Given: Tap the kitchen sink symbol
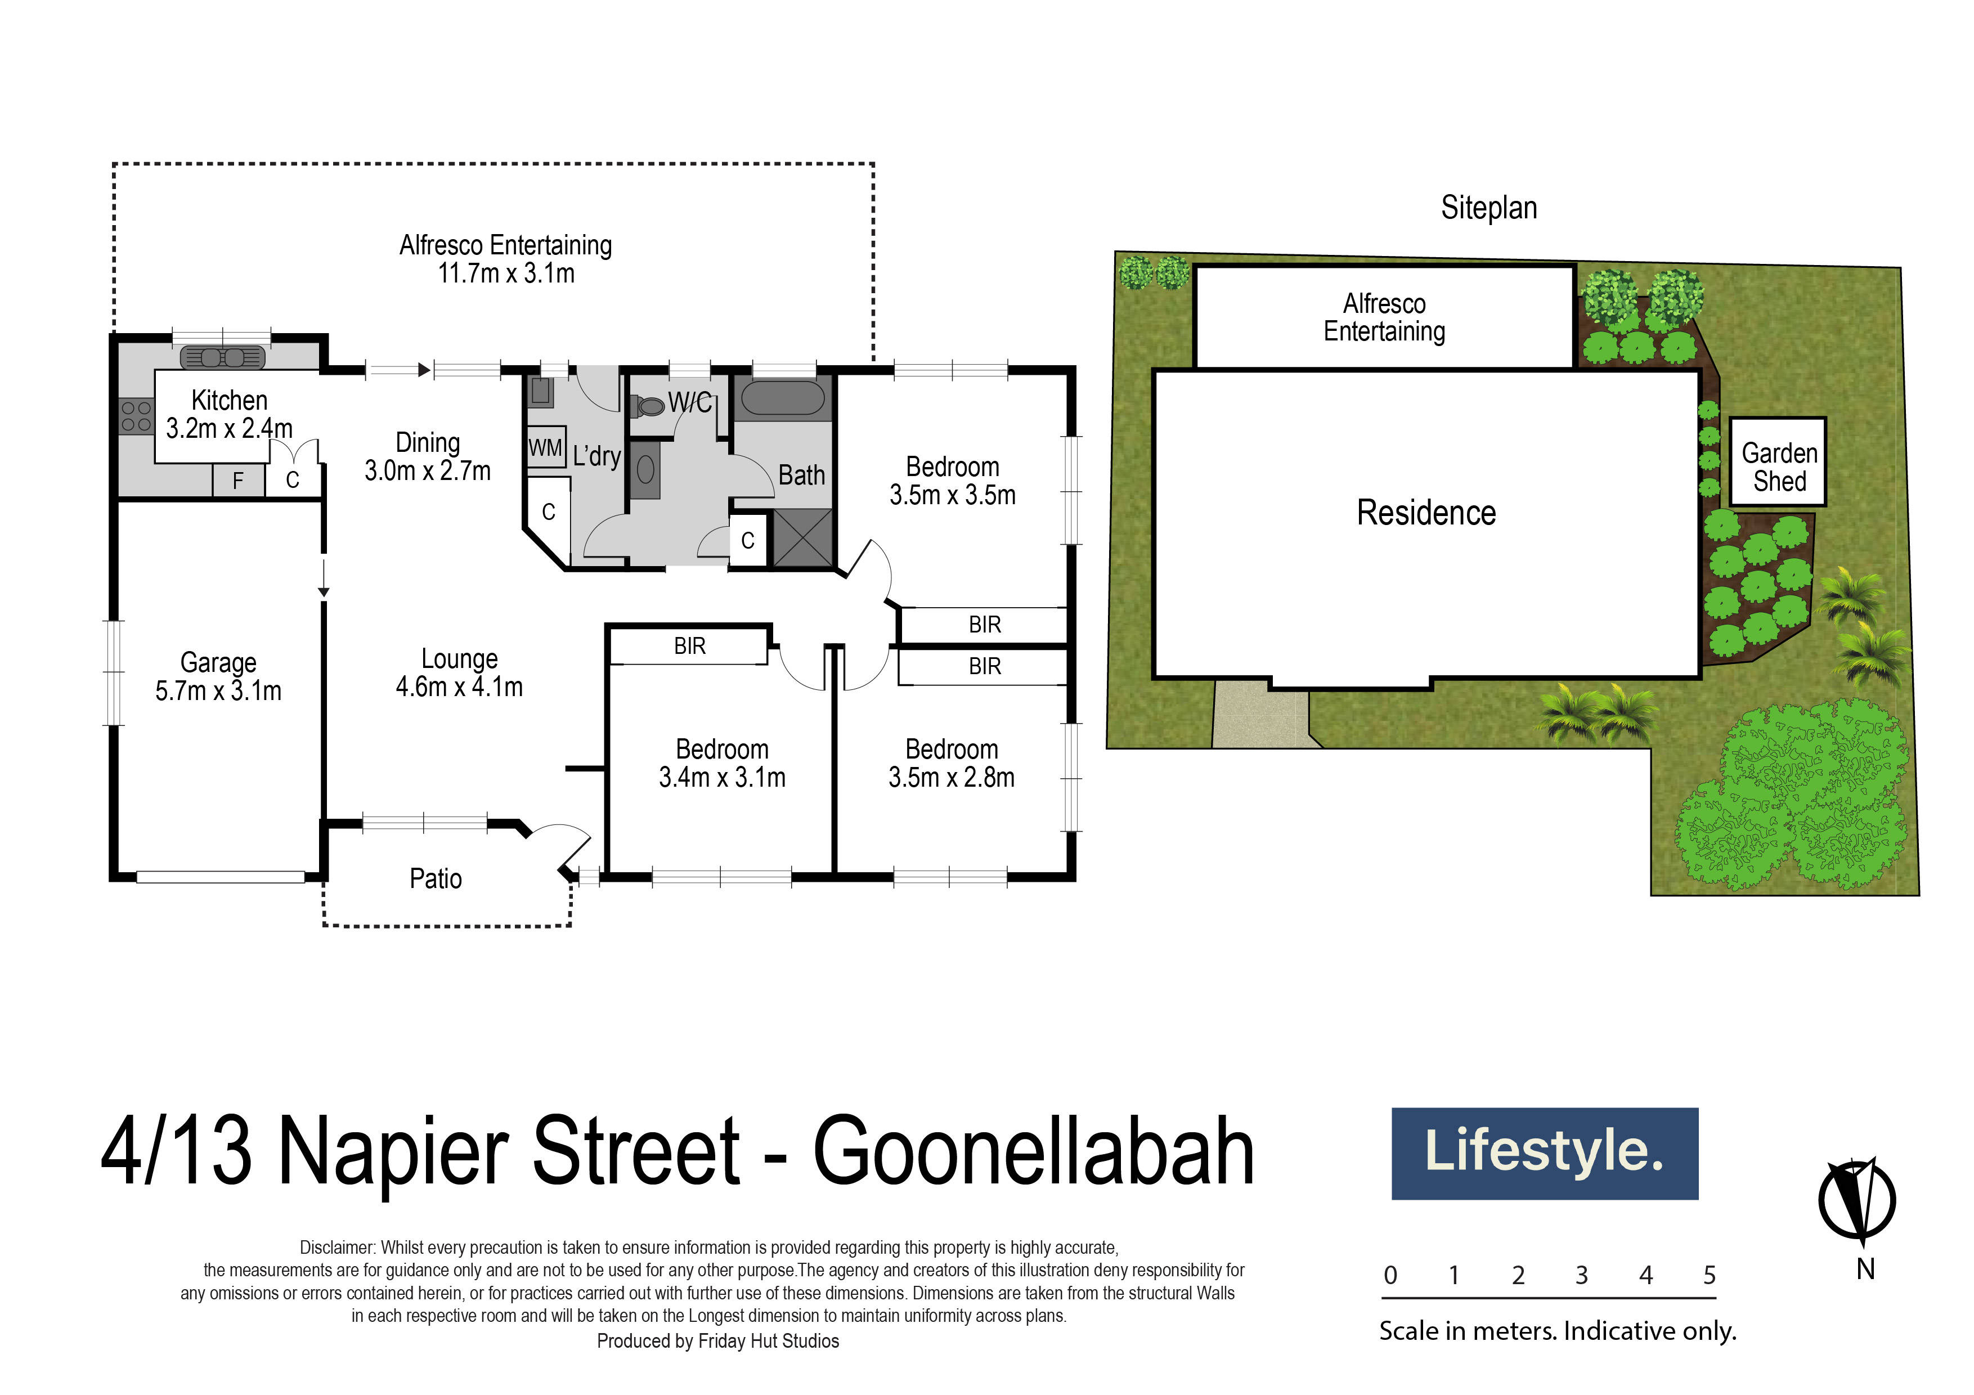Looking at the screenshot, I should click(222, 357).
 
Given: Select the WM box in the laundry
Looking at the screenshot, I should click(545, 448).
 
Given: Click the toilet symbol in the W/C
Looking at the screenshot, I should click(647, 405).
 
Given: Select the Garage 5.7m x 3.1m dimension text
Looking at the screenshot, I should click(218, 691).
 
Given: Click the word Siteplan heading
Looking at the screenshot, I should click(1489, 208).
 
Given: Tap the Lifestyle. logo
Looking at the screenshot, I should click(1544, 1152).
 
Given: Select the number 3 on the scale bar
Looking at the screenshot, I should click(1582, 1276).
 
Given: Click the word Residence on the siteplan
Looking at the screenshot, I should click(1425, 513).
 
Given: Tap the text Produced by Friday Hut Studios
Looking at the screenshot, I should click(718, 1341).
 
